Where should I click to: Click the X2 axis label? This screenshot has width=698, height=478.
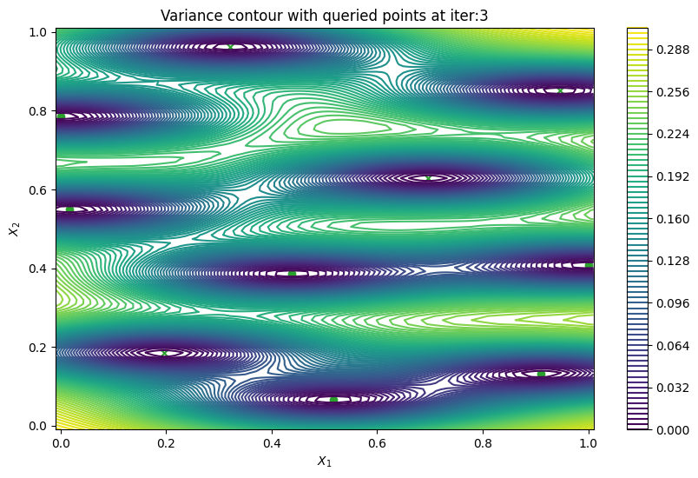[x=13, y=229]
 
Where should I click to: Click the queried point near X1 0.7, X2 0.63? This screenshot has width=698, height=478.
[x=428, y=177]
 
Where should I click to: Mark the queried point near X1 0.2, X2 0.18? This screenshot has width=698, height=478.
[x=164, y=353]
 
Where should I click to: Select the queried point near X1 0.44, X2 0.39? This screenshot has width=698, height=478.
[x=292, y=273]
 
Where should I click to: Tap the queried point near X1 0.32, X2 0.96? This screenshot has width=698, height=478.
[x=230, y=47]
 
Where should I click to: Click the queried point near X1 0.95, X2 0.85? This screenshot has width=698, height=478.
[x=560, y=90]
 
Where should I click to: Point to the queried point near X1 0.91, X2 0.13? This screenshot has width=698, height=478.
[x=541, y=374]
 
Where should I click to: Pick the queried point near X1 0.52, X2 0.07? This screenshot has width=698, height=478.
[x=333, y=400]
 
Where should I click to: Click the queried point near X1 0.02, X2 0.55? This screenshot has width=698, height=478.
[x=69, y=209]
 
